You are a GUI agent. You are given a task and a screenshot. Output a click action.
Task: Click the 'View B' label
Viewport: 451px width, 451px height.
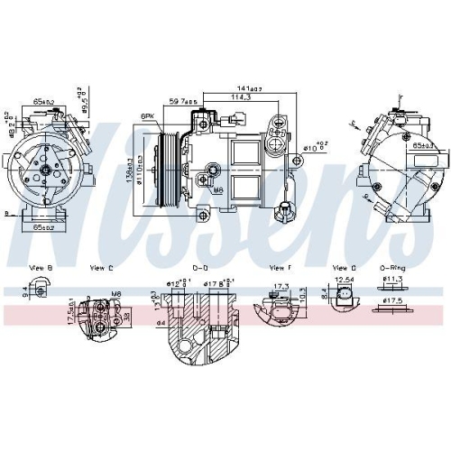(x=41, y=267)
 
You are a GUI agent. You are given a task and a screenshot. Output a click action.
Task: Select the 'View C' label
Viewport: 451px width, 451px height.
(x=102, y=267)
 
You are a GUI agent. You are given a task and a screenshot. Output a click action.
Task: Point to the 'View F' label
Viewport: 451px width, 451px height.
(x=280, y=267)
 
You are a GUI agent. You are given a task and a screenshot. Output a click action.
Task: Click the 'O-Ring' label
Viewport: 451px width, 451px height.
(x=391, y=267)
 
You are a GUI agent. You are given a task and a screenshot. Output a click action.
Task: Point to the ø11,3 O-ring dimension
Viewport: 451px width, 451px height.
(x=394, y=280)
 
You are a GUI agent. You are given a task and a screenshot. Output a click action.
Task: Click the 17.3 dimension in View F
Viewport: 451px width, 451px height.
(x=281, y=286)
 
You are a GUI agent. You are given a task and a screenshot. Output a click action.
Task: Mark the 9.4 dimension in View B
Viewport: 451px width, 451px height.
(x=23, y=290)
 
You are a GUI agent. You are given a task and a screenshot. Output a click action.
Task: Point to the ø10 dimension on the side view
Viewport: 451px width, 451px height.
(x=311, y=147)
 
